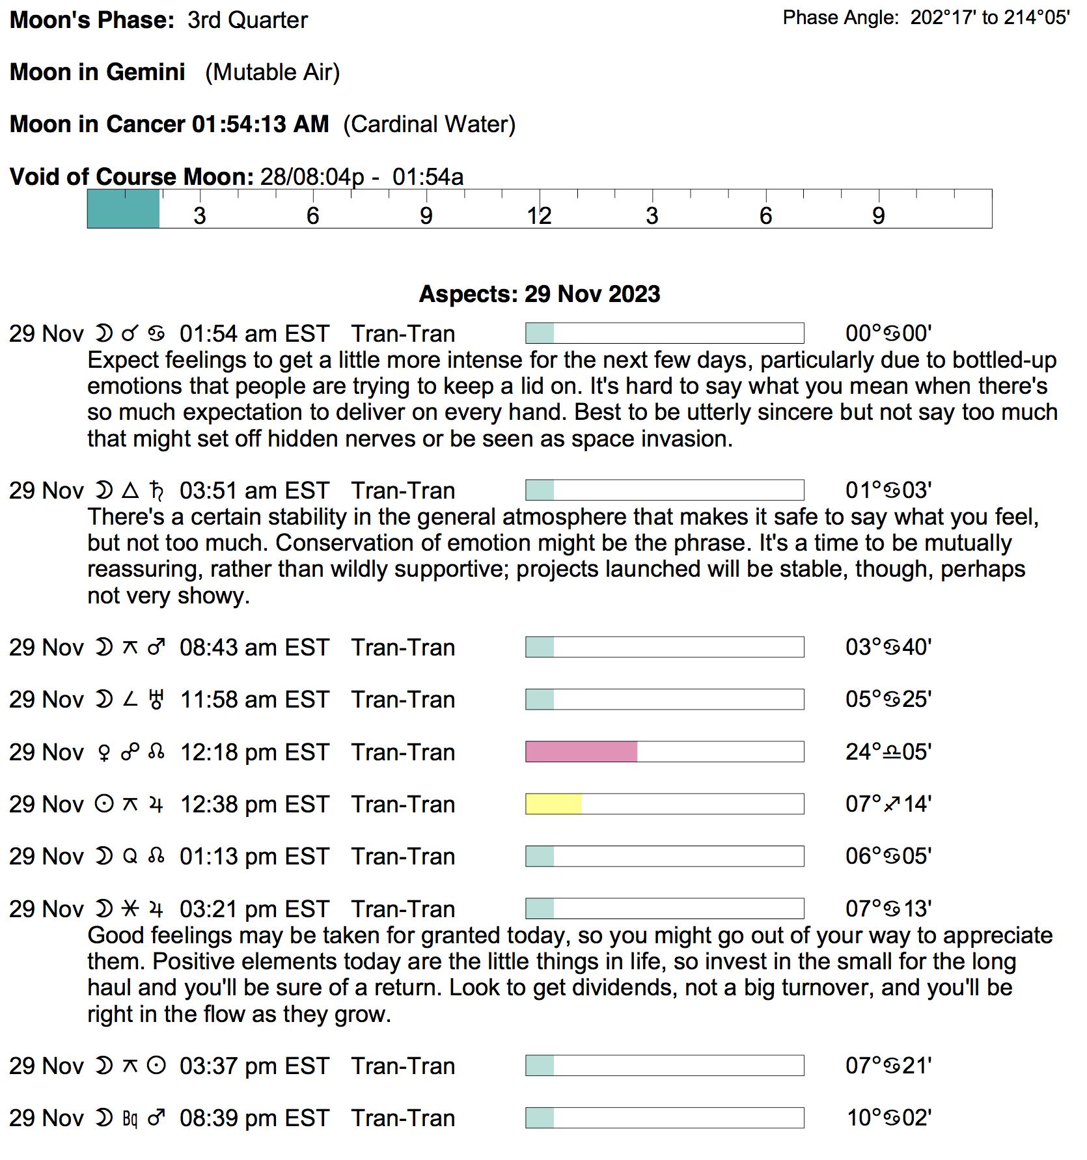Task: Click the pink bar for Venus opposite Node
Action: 581,751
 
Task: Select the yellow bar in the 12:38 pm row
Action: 553,804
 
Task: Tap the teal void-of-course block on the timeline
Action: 124,209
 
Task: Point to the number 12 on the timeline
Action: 539,216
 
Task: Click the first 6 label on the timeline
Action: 312,216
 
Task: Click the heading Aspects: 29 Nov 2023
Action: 539,294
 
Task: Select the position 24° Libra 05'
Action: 888,752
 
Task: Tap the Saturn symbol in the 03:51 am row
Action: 156,491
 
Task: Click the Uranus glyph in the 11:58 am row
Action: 156,700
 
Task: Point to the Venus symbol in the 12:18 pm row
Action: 103,753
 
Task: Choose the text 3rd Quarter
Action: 247,20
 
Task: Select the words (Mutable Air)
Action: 272,72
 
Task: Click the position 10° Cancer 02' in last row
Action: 888,1118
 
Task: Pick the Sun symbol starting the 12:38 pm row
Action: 103,805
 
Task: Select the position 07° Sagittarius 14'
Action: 888,804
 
